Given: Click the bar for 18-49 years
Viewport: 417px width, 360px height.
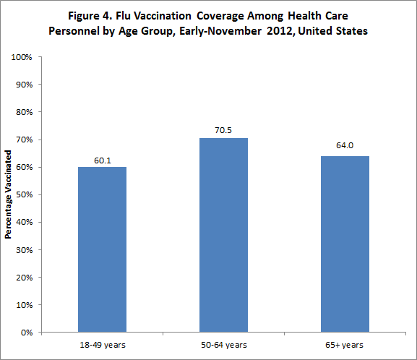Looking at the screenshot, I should pyautogui.click(x=102, y=249).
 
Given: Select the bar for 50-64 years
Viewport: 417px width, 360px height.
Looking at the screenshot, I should pyautogui.click(x=223, y=235).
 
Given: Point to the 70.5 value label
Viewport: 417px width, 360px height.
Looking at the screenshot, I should pyautogui.click(x=223, y=131).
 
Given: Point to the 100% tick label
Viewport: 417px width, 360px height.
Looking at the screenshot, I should pyautogui.click(x=23, y=56).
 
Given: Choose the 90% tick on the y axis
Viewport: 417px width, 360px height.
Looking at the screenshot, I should pyautogui.click(x=25, y=85).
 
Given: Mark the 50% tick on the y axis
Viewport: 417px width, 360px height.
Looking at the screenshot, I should pyautogui.click(x=25, y=194).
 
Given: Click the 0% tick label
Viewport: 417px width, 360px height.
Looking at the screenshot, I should pyautogui.click(x=27, y=333).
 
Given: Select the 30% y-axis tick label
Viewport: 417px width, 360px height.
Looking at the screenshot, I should pyautogui.click(x=25, y=250).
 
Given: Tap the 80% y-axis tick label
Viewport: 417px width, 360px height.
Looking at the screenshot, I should pyautogui.click(x=25, y=112).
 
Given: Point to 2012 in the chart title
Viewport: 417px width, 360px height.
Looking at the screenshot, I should pyautogui.click(x=278, y=31).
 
